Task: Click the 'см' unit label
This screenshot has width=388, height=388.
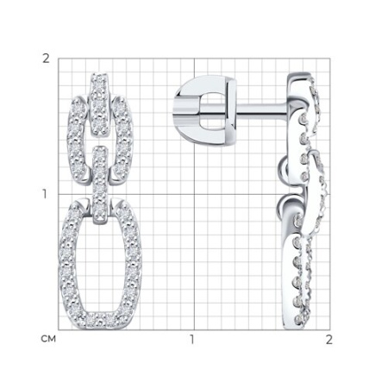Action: (x=48, y=339)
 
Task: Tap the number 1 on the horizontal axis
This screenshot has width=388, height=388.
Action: (x=191, y=340)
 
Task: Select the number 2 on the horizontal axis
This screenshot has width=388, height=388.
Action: (x=329, y=340)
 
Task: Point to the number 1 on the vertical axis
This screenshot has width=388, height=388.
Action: (x=45, y=195)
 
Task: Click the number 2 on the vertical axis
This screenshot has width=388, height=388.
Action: (x=46, y=59)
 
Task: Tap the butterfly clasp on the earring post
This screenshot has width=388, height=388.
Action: (x=206, y=110)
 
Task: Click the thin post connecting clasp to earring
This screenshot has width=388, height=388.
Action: (x=261, y=112)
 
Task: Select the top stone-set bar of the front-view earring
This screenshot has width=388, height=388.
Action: (x=100, y=105)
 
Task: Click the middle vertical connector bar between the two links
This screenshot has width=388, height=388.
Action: (x=100, y=185)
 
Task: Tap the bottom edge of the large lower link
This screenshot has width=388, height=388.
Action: (x=100, y=320)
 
